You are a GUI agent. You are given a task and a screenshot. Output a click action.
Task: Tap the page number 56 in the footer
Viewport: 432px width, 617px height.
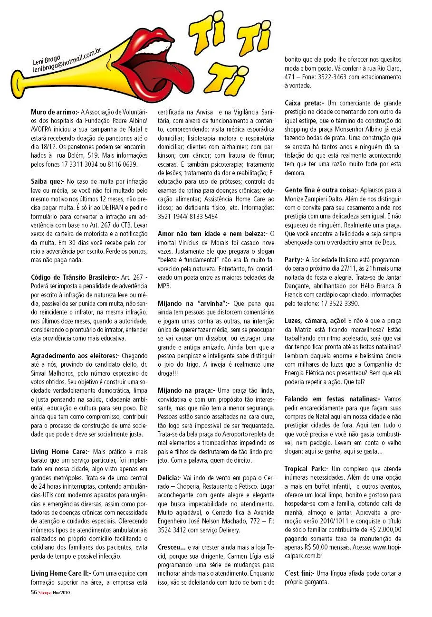coord(34,592)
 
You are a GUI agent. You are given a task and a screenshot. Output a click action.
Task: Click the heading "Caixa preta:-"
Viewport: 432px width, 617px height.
coord(304,103)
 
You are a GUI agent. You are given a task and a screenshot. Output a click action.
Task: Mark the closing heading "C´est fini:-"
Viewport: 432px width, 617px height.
coord(300,573)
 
